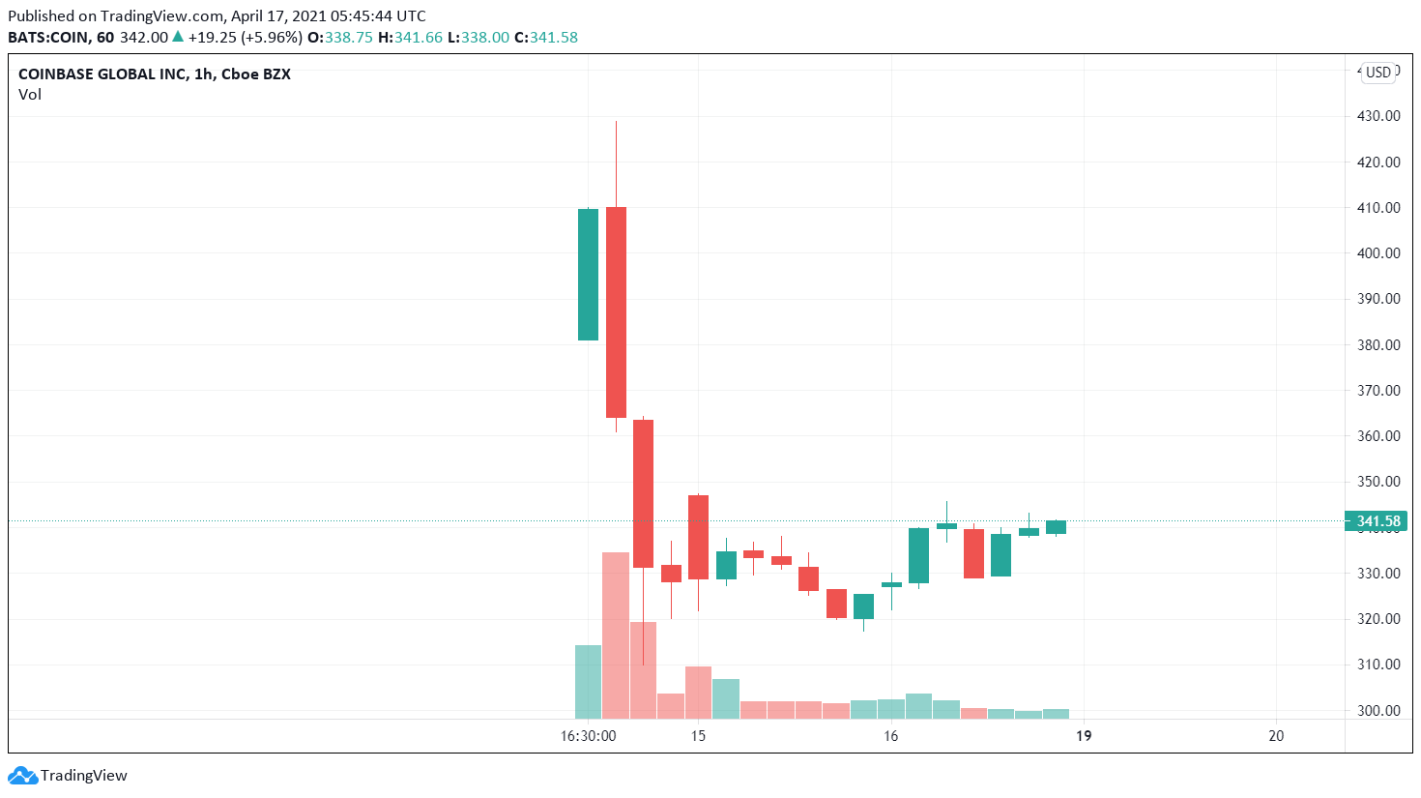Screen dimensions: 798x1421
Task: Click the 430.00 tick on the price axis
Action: click(x=1378, y=116)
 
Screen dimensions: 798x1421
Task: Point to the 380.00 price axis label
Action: click(x=1378, y=344)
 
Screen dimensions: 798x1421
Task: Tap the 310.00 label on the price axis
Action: click(x=1378, y=665)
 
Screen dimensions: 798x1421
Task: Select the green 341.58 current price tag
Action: click(x=1377, y=521)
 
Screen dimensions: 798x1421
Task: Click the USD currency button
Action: click(x=1378, y=73)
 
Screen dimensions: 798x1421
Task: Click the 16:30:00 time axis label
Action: click(x=588, y=736)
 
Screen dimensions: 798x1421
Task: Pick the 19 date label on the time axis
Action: click(x=1084, y=736)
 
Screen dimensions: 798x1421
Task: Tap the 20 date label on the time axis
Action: click(x=1276, y=736)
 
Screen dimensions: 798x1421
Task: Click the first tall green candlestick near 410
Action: click(x=588, y=275)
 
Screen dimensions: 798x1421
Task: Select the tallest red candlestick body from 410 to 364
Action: click(x=616, y=311)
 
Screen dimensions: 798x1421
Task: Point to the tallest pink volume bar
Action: click(x=616, y=635)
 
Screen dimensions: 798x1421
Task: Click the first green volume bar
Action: click(x=588, y=682)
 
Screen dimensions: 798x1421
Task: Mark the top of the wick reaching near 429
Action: click(x=616, y=123)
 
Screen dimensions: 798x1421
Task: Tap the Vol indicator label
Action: click(x=30, y=95)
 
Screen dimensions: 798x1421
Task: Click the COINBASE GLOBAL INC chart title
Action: click(x=154, y=74)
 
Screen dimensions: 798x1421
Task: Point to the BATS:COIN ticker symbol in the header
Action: click(x=47, y=38)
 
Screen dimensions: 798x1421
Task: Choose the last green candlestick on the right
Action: click(x=1056, y=527)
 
